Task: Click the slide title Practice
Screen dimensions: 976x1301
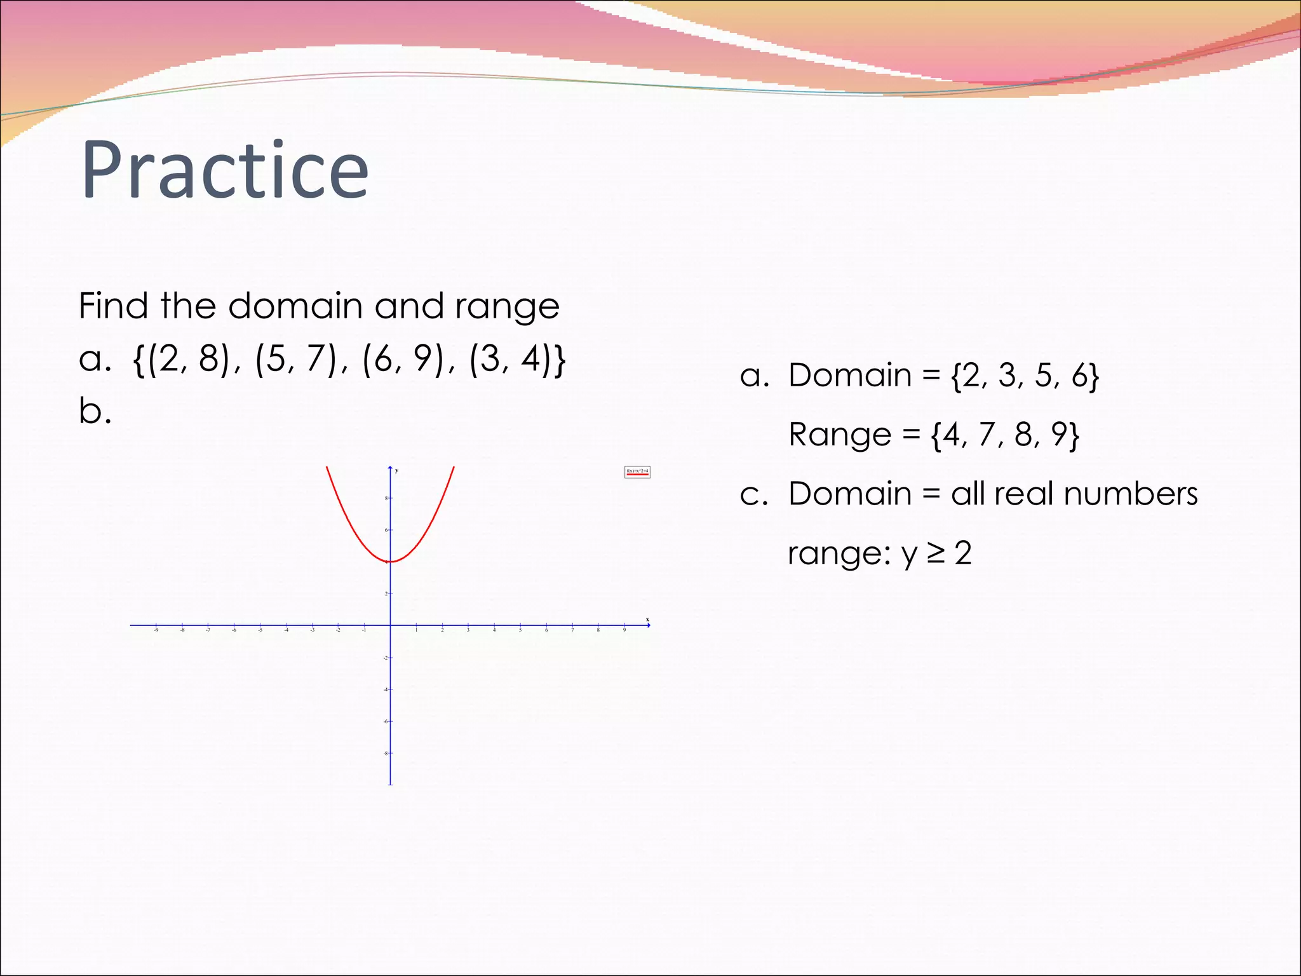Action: point(225,170)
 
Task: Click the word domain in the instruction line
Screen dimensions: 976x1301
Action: point(296,306)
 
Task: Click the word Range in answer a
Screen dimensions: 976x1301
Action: point(840,435)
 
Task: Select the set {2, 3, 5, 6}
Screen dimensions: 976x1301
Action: point(1025,376)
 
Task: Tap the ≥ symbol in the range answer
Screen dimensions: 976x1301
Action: point(935,553)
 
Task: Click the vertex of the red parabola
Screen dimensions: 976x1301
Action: point(391,561)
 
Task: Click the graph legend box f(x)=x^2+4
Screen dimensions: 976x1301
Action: point(637,471)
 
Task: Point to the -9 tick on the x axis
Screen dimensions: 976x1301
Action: point(156,626)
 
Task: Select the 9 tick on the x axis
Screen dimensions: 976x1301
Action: point(624,626)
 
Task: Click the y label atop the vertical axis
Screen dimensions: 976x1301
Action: point(396,470)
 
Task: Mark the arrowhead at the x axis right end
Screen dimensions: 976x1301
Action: point(647,625)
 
